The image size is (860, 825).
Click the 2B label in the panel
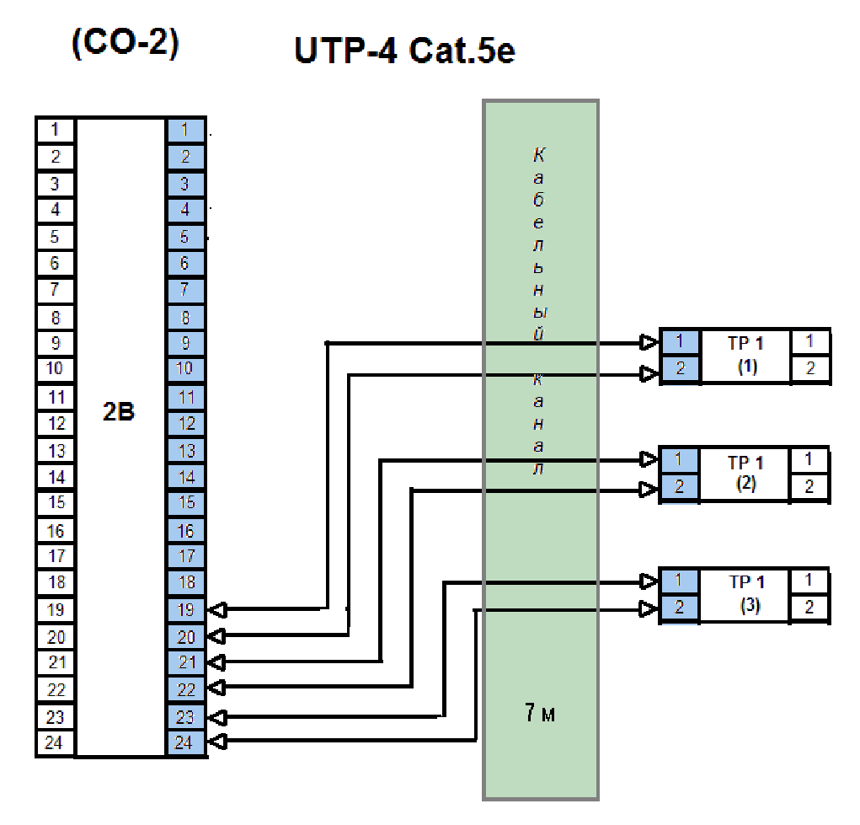[x=119, y=412]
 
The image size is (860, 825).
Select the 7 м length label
[x=539, y=715]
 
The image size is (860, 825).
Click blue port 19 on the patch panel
[x=186, y=609]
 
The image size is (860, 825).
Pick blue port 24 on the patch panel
[x=186, y=743]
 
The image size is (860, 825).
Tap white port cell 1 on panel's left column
[x=56, y=130]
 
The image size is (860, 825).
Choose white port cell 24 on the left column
[x=56, y=743]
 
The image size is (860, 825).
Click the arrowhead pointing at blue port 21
[x=216, y=662]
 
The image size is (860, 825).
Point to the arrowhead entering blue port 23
[x=216, y=717]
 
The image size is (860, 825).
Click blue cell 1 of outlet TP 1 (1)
[x=680, y=342]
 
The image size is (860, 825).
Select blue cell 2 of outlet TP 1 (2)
[x=680, y=488]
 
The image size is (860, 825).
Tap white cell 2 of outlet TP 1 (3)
[x=809, y=608]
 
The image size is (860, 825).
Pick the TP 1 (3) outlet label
[x=745, y=593]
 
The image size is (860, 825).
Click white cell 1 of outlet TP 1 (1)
[x=809, y=341]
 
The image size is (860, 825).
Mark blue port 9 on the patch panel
[x=186, y=343]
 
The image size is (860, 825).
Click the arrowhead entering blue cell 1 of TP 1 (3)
[x=649, y=581]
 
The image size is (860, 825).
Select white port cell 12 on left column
[x=56, y=423]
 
